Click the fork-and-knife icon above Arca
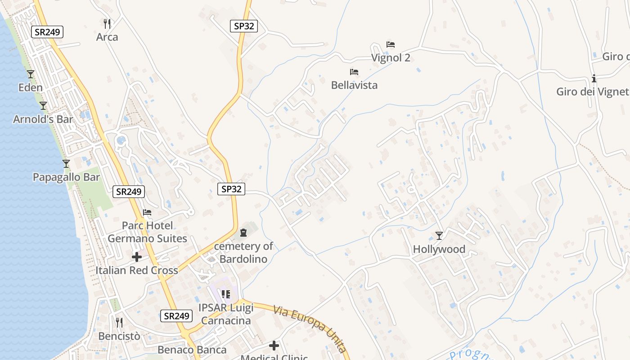pos(107,23)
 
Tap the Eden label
pos(31,87)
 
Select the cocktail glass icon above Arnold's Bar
pos(43,106)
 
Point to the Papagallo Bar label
pos(66,177)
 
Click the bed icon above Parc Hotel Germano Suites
pos(147,212)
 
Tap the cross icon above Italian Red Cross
pos(137,257)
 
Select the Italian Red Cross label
pos(137,270)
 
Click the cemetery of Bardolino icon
pos(243,233)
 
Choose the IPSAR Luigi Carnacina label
pos(226,314)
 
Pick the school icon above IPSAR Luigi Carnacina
pos(226,294)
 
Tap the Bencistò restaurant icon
pos(119,323)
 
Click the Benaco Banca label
pos(192,350)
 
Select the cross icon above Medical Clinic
pos(274,346)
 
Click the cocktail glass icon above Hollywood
pos(439,235)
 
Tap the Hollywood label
pos(439,249)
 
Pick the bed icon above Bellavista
pos(354,72)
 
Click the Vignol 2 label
pos(391,58)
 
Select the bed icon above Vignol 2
pos(391,45)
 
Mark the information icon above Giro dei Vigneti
pos(594,79)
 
